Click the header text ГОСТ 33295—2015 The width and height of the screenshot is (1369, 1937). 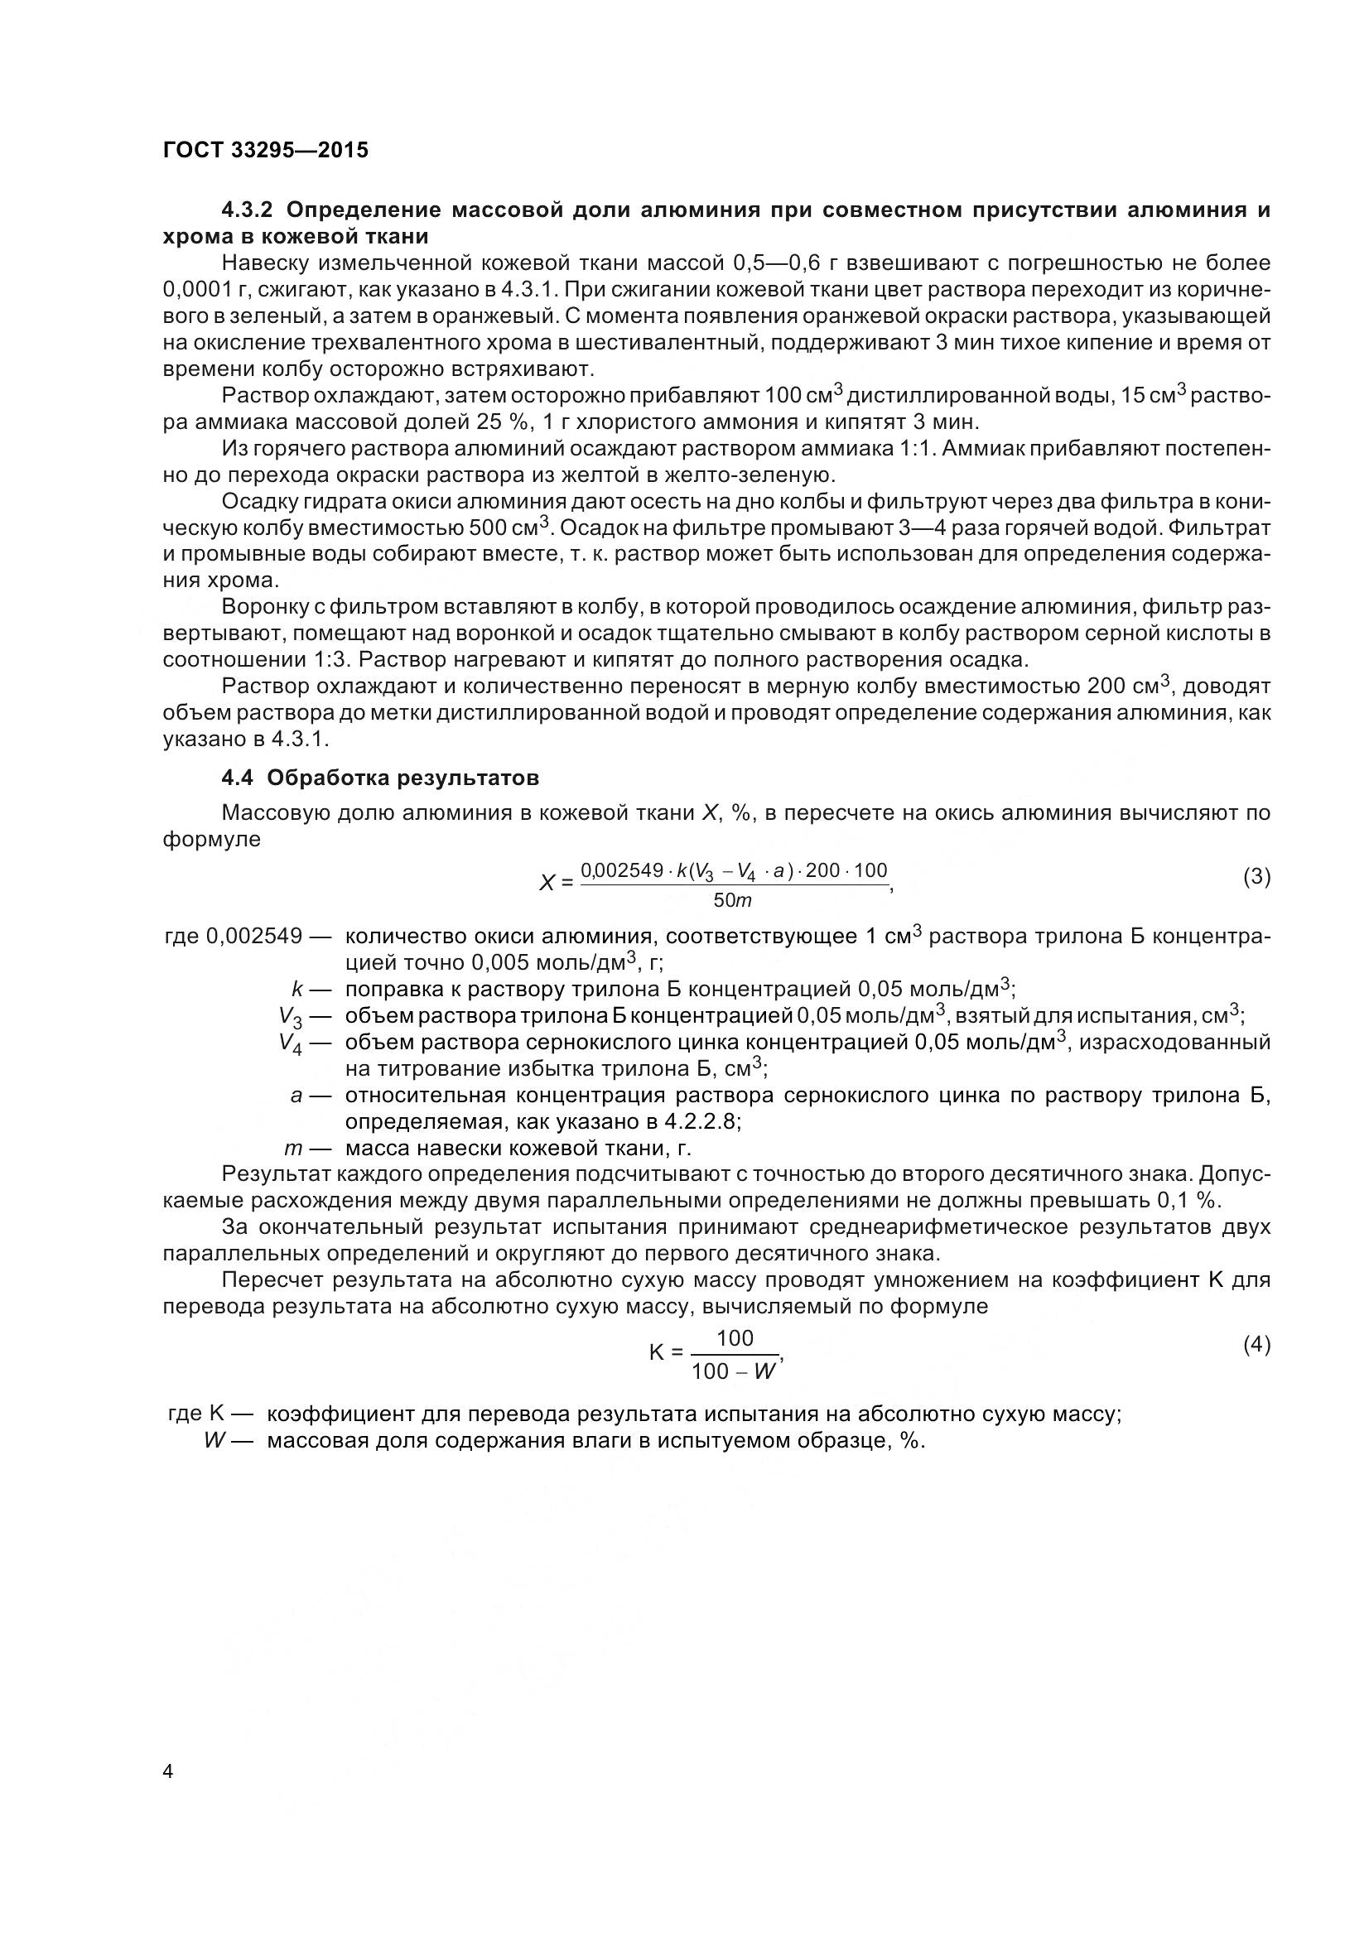pyautogui.click(x=266, y=151)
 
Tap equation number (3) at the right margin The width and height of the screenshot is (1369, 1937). pyautogui.click(x=1256, y=876)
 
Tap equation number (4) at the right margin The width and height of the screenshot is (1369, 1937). pyautogui.click(x=1256, y=1345)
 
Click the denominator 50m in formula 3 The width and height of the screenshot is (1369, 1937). pyautogui.click(x=732, y=901)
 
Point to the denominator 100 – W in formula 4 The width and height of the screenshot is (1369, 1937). pyautogui.click(x=733, y=1371)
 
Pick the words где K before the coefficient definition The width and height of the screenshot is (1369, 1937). pyautogui.click(x=195, y=1414)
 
